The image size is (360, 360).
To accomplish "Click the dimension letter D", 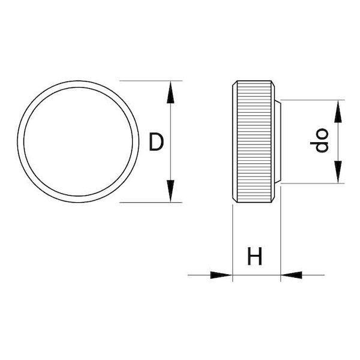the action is [156, 142].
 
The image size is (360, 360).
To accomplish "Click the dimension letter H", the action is [254, 256].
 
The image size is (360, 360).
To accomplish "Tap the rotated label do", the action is [319, 140].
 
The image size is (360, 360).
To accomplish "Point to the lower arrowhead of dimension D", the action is [170, 191].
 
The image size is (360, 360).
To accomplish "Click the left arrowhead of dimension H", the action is [221, 275].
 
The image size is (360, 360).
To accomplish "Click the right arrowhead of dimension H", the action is [292, 275].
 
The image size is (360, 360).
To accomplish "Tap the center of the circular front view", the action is [78, 142].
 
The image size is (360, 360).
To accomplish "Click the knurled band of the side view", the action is [254, 142].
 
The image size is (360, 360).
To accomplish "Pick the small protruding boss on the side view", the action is [278, 142].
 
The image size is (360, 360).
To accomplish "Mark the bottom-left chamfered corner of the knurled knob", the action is [235, 200].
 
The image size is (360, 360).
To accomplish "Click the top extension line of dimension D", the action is [151, 81].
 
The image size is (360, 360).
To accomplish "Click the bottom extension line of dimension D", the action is [151, 203].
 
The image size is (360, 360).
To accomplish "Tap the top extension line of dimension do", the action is [313, 100].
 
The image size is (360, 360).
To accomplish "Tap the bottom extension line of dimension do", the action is [313, 183].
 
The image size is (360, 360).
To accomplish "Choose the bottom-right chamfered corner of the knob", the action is [273, 200].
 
